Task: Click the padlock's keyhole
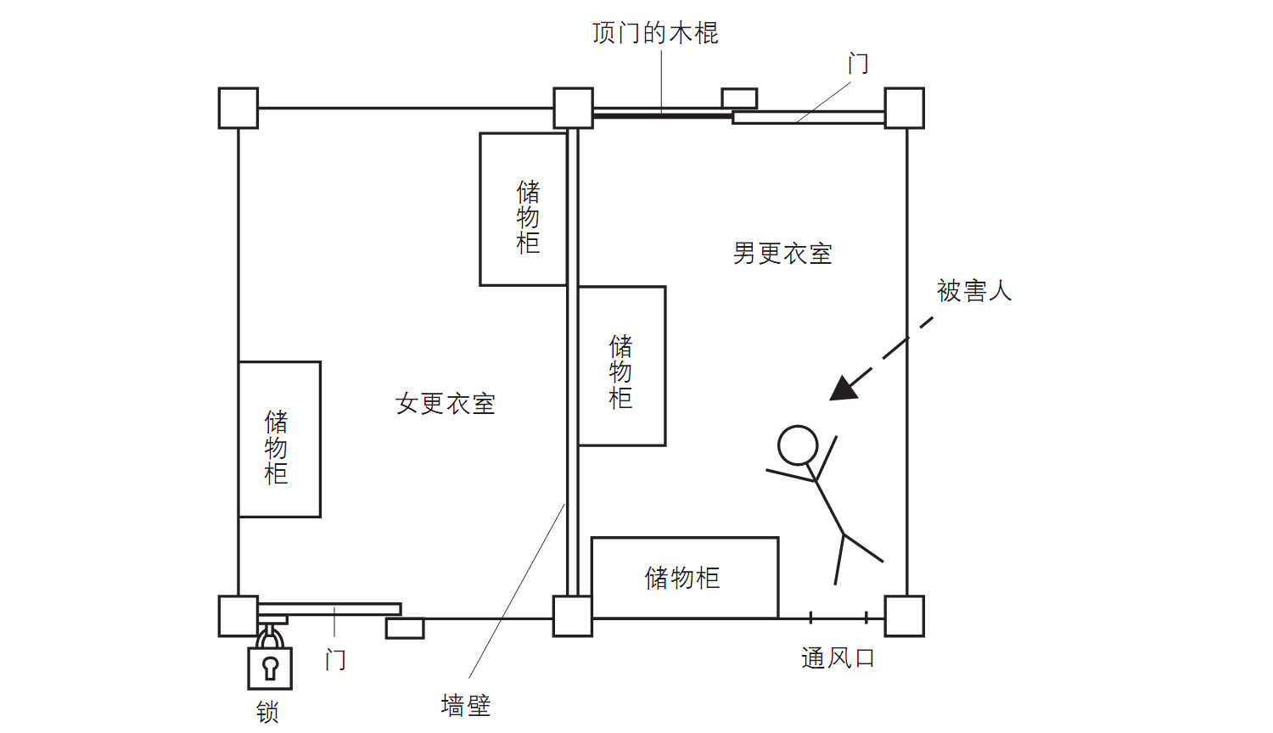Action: click(271, 666)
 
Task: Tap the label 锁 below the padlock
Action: click(268, 712)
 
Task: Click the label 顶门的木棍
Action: click(655, 33)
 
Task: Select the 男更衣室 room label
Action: click(782, 254)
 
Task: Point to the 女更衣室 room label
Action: click(446, 404)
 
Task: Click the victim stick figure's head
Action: click(798, 445)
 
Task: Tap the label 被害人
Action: click(974, 291)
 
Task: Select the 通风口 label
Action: click(838, 658)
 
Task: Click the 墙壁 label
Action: click(466, 705)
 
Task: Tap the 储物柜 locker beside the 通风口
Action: click(684, 578)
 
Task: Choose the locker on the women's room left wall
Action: click(279, 439)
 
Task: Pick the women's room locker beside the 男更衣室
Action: click(524, 210)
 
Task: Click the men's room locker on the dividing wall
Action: click(621, 366)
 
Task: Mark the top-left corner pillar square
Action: click(238, 108)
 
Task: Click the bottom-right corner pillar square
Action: click(904, 616)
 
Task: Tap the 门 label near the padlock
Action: click(335, 660)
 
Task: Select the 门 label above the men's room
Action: click(858, 64)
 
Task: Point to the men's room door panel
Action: click(808, 118)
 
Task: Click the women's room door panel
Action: click(329, 609)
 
